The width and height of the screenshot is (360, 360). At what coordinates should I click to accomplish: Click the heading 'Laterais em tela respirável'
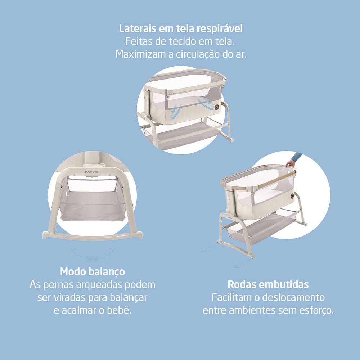tap(181, 29)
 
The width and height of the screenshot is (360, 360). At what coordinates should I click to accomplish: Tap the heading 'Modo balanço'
tap(93, 271)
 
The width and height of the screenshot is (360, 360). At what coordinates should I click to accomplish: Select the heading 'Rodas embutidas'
tap(268, 284)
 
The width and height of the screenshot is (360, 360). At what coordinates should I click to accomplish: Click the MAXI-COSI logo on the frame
tap(92, 171)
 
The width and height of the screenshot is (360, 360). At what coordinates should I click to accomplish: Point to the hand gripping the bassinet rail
tap(290, 163)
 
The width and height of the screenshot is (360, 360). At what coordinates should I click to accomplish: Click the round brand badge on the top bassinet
tap(216, 107)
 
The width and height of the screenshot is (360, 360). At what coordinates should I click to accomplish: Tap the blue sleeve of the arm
tap(297, 157)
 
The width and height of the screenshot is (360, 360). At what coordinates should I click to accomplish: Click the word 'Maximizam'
tap(141, 54)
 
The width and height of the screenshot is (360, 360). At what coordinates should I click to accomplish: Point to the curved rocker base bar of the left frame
tap(92, 237)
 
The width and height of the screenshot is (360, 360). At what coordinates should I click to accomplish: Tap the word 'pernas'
tap(59, 285)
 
